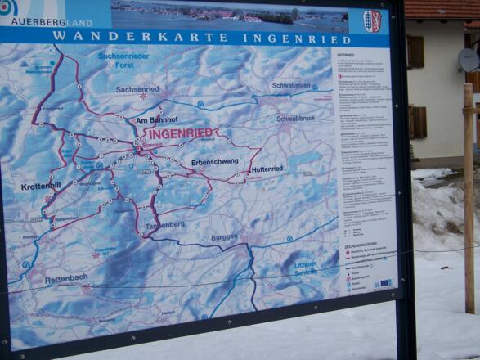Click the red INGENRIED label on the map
tap(181, 133)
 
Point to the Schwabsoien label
tap(291, 85)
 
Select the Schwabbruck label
tap(296, 119)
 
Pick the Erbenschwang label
tap(215, 161)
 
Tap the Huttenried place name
tap(267, 169)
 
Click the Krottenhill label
tap(41, 187)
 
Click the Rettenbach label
tap(66, 277)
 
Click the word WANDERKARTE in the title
tap(107, 36)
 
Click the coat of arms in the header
tap(372, 20)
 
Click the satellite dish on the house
tap(469, 59)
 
